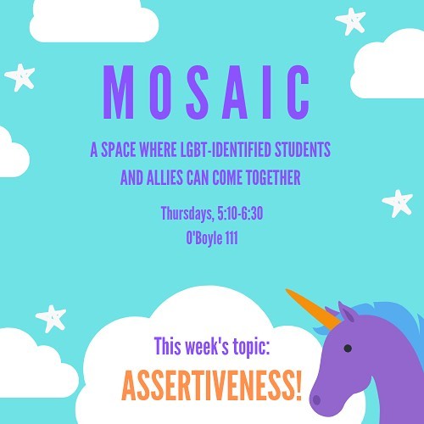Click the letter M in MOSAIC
[118, 92]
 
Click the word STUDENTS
[303, 149]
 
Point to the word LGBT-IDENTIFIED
[226, 149]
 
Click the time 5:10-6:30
[240, 213]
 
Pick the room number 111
[232, 238]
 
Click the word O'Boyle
[204, 238]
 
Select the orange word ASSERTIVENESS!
[212, 386]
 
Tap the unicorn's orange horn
[313, 309]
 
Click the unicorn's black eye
[348, 349]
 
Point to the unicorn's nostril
[316, 400]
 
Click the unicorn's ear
[346, 312]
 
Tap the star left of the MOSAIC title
[20, 77]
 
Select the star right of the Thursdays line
[398, 203]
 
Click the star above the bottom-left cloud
[51, 318]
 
